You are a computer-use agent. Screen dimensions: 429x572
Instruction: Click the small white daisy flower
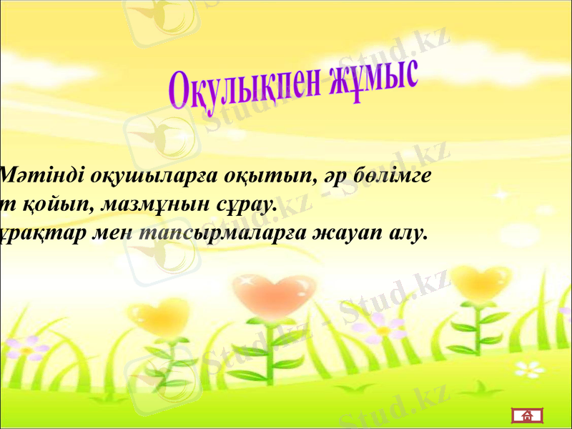pyautogui.click(x=530, y=369)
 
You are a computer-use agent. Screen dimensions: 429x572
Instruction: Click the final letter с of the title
pyautogui.click(x=409, y=74)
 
